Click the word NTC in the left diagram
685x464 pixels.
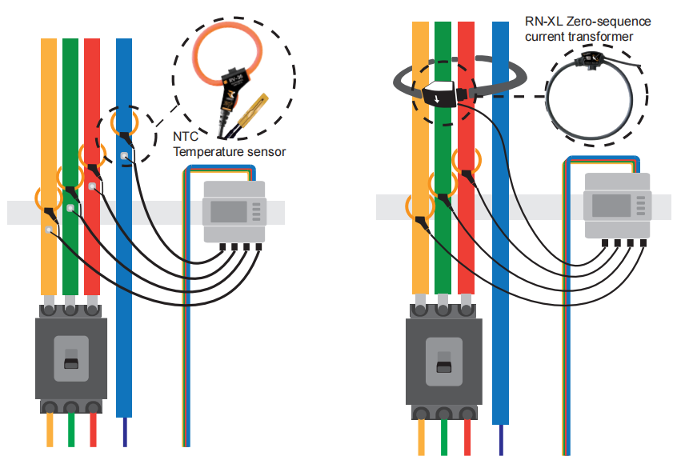(x=186, y=137)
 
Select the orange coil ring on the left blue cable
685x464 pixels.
(x=123, y=122)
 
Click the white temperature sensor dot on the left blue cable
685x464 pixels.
(x=124, y=156)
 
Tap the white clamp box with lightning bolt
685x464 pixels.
(x=436, y=94)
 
